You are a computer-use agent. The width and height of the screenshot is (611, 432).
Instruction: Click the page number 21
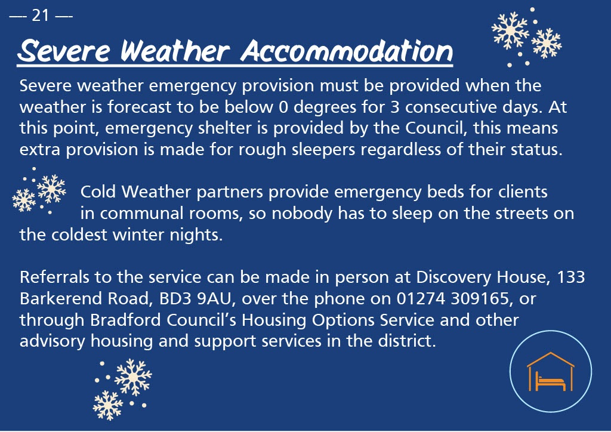(x=41, y=16)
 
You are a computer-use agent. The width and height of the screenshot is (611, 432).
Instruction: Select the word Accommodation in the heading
(x=347, y=51)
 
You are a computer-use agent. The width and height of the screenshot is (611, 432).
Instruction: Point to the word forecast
(x=139, y=107)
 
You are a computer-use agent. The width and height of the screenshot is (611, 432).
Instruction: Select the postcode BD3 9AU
(x=195, y=299)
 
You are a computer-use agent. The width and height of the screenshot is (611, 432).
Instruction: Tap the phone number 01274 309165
(x=452, y=299)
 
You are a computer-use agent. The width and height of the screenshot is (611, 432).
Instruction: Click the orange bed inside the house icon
(x=550, y=381)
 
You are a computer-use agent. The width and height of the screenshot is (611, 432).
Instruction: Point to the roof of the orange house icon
(x=550, y=359)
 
